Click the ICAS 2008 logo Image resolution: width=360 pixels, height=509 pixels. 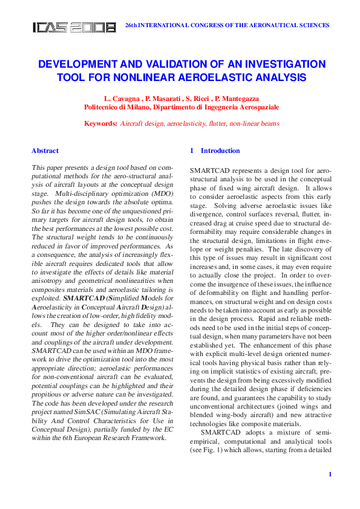coord(74,27)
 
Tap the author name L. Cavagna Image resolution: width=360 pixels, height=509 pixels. coord(122,98)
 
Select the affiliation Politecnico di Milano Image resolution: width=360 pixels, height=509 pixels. coord(115,106)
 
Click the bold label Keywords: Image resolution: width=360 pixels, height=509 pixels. coord(100,123)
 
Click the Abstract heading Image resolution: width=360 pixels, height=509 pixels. coord(45,151)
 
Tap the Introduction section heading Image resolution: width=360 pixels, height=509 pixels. coord(220,151)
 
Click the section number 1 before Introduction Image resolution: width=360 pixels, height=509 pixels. coord(192,151)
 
